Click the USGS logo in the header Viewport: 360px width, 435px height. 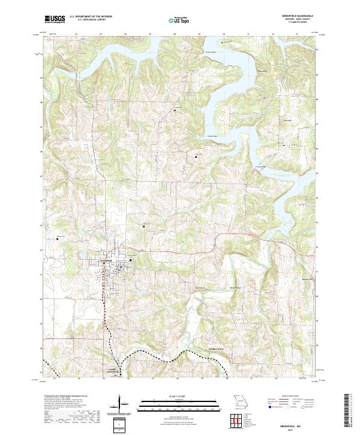coord(55,19)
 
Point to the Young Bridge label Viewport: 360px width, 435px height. coord(213,136)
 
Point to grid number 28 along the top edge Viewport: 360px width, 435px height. coord(174,34)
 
